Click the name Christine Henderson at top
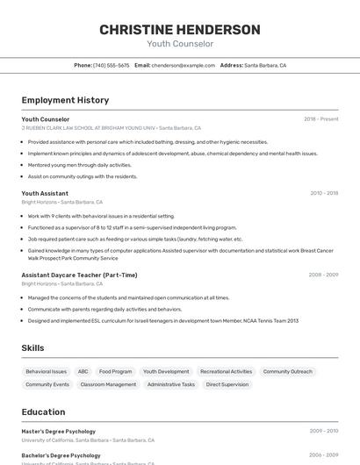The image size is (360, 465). click(179, 30)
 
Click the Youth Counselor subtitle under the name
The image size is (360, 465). click(179, 44)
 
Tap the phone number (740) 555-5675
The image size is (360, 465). click(111, 65)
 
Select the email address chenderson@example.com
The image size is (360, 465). click(183, 65)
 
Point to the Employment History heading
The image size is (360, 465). click(65, 100)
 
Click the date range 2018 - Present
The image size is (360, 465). click(320, 119)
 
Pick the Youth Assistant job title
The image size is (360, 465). click(45, 193)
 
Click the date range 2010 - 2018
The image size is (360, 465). click(323, 193)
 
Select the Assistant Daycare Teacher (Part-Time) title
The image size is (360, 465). click(79, 275)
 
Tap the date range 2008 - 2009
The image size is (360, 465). click(323, 275)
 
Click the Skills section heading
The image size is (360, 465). click(32, 348)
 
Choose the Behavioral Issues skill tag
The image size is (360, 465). click(46, 371)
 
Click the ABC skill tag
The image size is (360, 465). click(83, 371)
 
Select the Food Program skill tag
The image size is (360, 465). click(115, 371)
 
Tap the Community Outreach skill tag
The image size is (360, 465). click(287, 371)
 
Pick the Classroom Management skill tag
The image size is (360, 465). click(108, 384)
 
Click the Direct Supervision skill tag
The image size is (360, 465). click(227, 384)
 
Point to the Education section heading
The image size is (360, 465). click(43, 412)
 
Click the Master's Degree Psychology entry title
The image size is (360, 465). click(59, 431)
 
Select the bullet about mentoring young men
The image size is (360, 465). click(79, 165)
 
